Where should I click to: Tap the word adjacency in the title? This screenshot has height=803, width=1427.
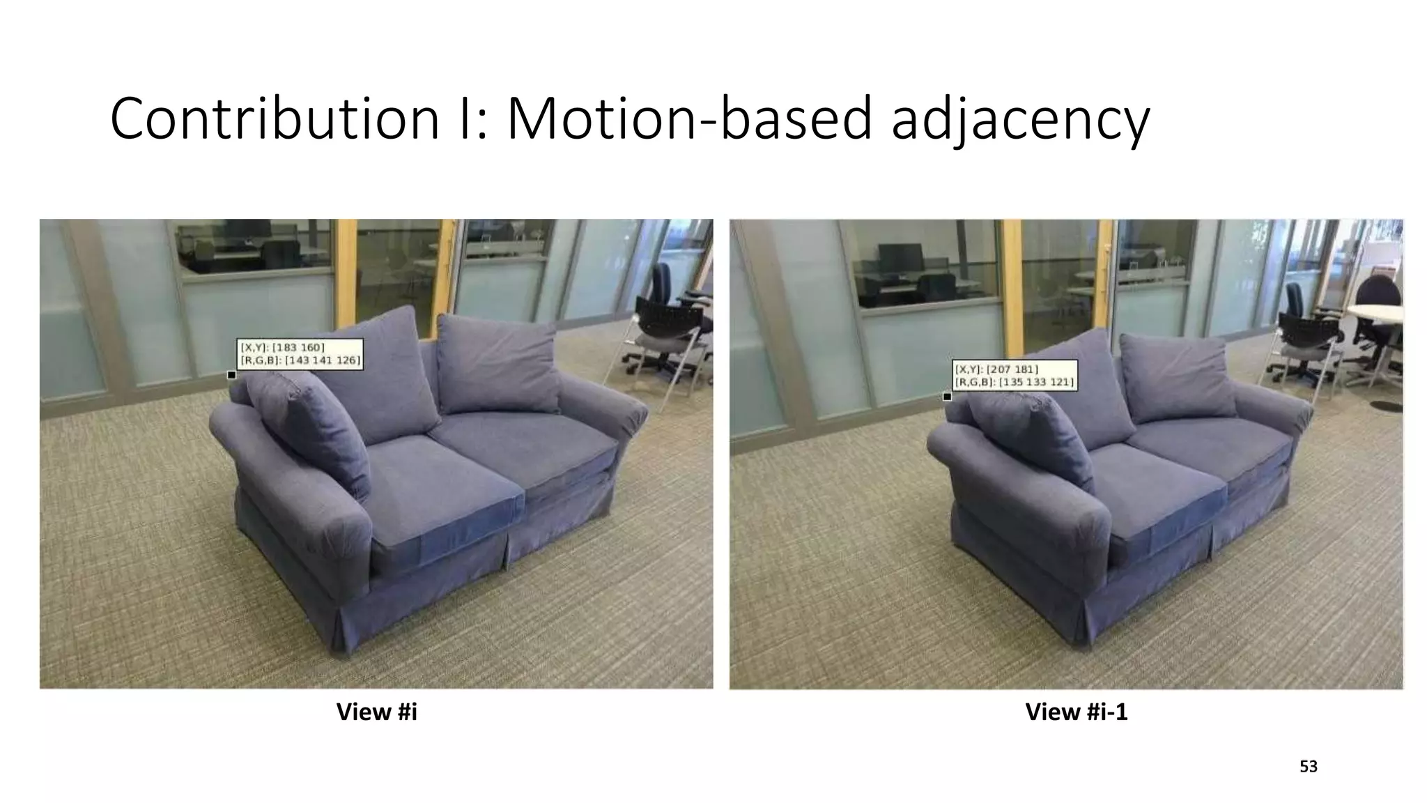[x=1020, y=120]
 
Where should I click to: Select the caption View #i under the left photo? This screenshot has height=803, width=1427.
[x=376, y=712]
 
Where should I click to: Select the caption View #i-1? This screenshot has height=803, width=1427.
[x=1076, y=712]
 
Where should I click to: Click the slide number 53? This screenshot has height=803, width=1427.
[x=1309, y=767]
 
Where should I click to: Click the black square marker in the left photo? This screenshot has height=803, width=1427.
[x=232, y=375]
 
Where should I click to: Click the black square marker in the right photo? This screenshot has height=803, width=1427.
[x=947, y=397]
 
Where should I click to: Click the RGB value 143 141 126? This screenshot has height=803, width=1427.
[x=323, y=360]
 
